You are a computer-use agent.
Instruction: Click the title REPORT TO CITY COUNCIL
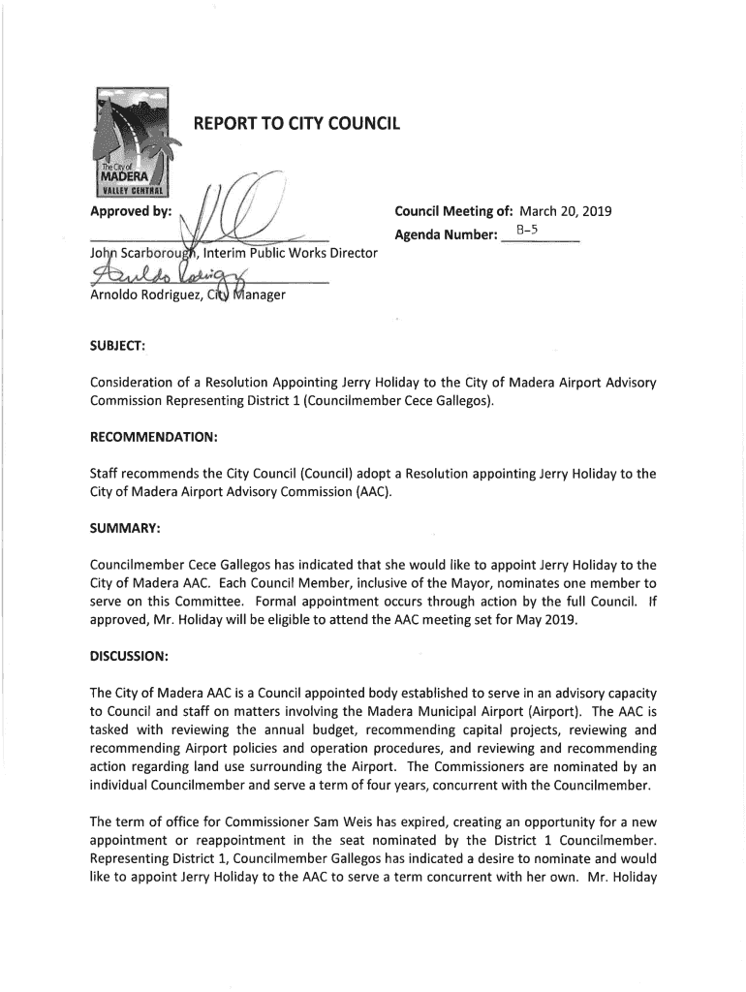coord(296,124)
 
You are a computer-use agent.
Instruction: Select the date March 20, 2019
coord(572,212)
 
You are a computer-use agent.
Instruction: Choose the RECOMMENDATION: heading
coord(153,437)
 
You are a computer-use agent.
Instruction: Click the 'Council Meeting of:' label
coord(453,212)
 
